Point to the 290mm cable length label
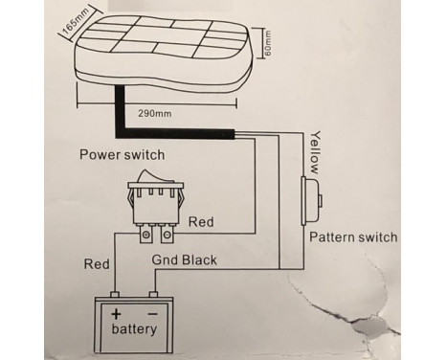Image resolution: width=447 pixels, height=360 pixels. [x=155, y=113]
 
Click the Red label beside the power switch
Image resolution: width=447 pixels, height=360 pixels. [x=200, y=221]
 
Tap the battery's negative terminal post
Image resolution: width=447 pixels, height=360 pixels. [x=156, y=294]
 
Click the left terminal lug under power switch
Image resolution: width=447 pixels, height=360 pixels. [x=145, y=233]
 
